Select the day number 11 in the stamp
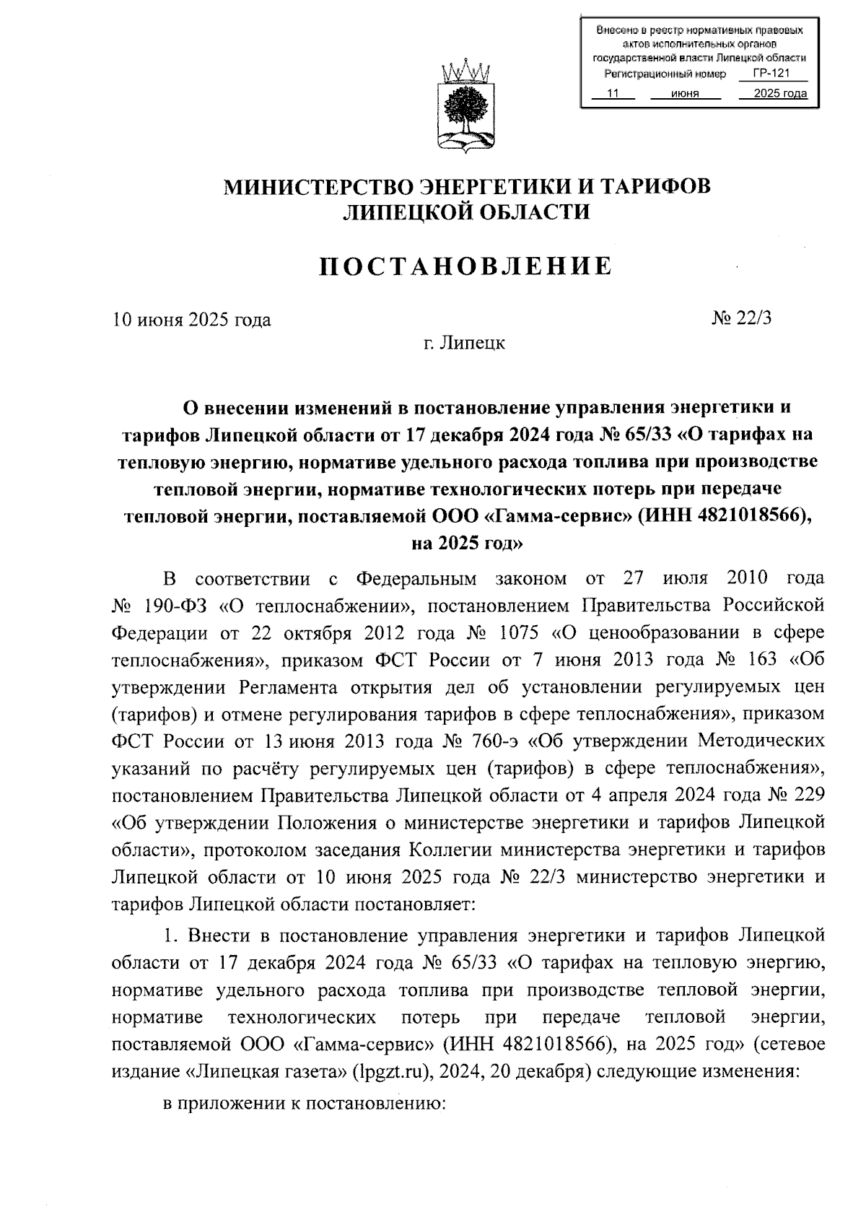coord(613,94)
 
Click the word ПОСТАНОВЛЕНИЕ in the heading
coord(466,266)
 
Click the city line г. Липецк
coord(465,342)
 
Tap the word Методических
coord(761,741)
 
